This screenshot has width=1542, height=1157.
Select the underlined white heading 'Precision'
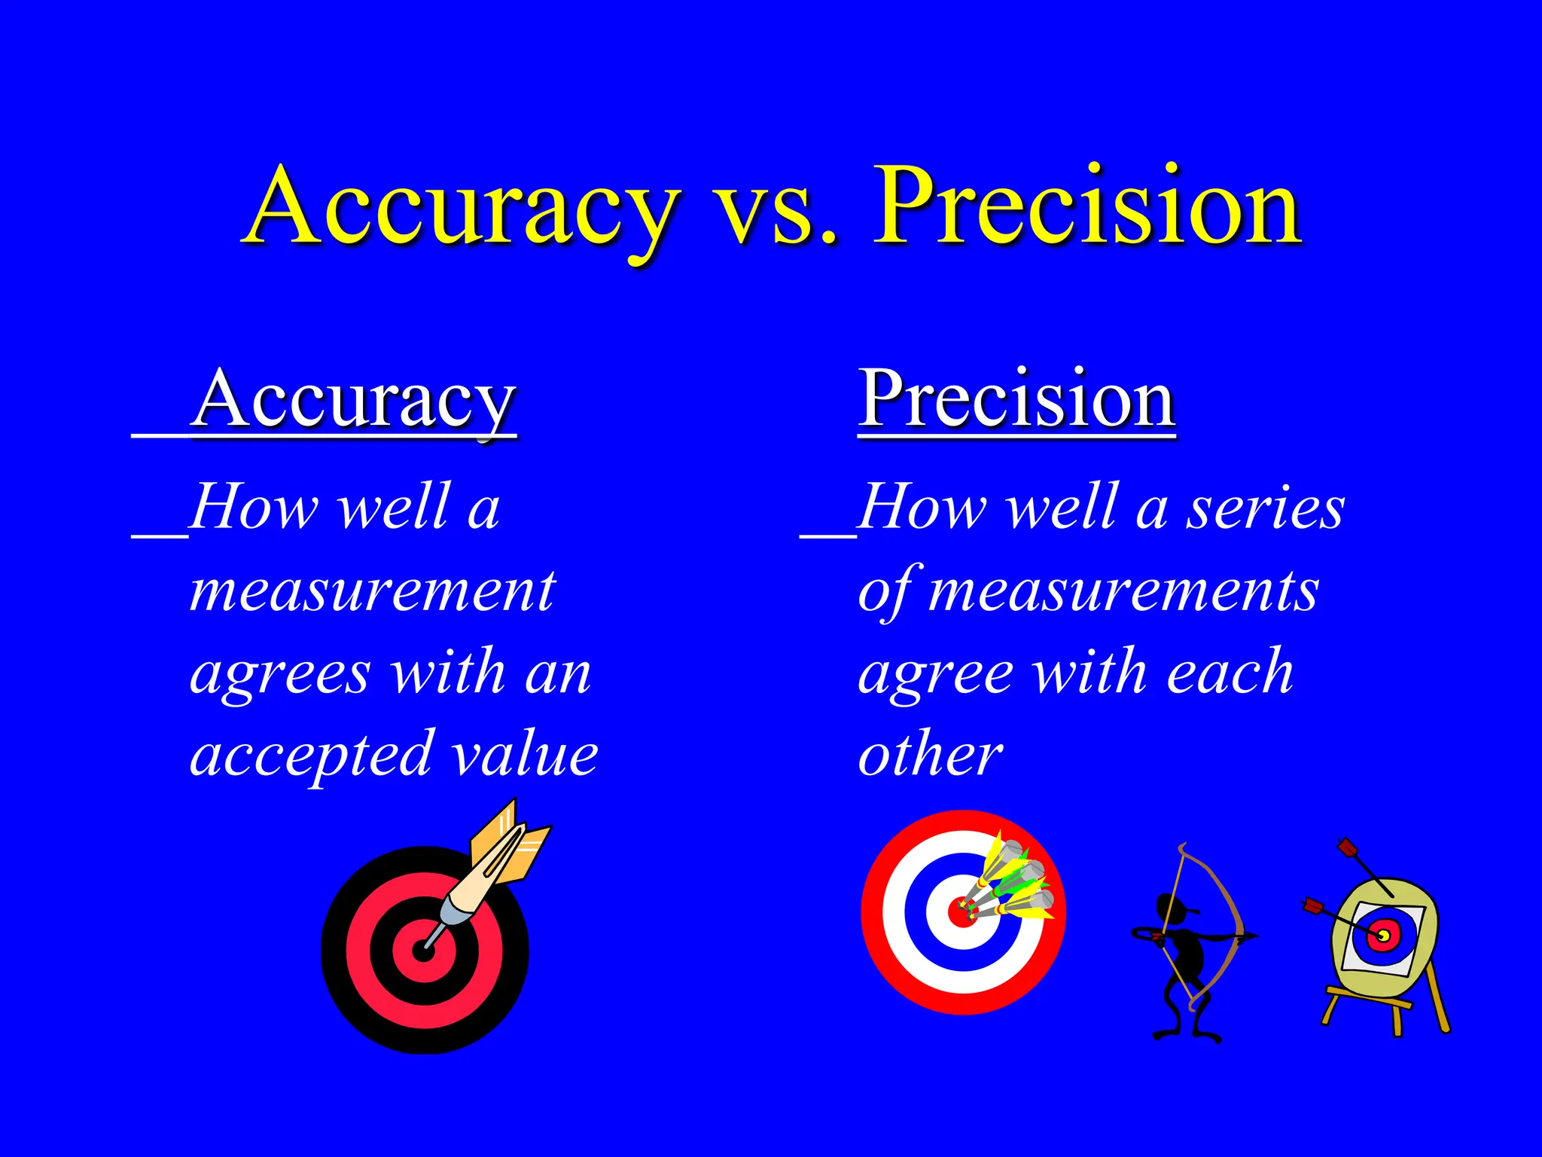click(x=1016, y=399)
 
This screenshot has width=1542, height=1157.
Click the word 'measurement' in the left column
click(x=373, y=591)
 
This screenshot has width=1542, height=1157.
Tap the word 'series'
click(x=1266, y=508)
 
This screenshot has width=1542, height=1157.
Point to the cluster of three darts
click(x=1009, y=881)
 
